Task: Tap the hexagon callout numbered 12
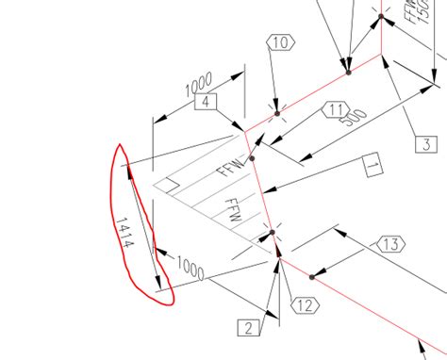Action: (x=303, y=304)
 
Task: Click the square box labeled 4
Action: (x=208, y=102)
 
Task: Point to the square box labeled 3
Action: (x=426, y=144)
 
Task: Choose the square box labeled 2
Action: (x=247, y=328)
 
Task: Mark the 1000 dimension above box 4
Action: (x=198, y=85)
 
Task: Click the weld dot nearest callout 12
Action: (x=313, y=276)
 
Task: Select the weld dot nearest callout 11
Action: (x=252, y=157)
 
